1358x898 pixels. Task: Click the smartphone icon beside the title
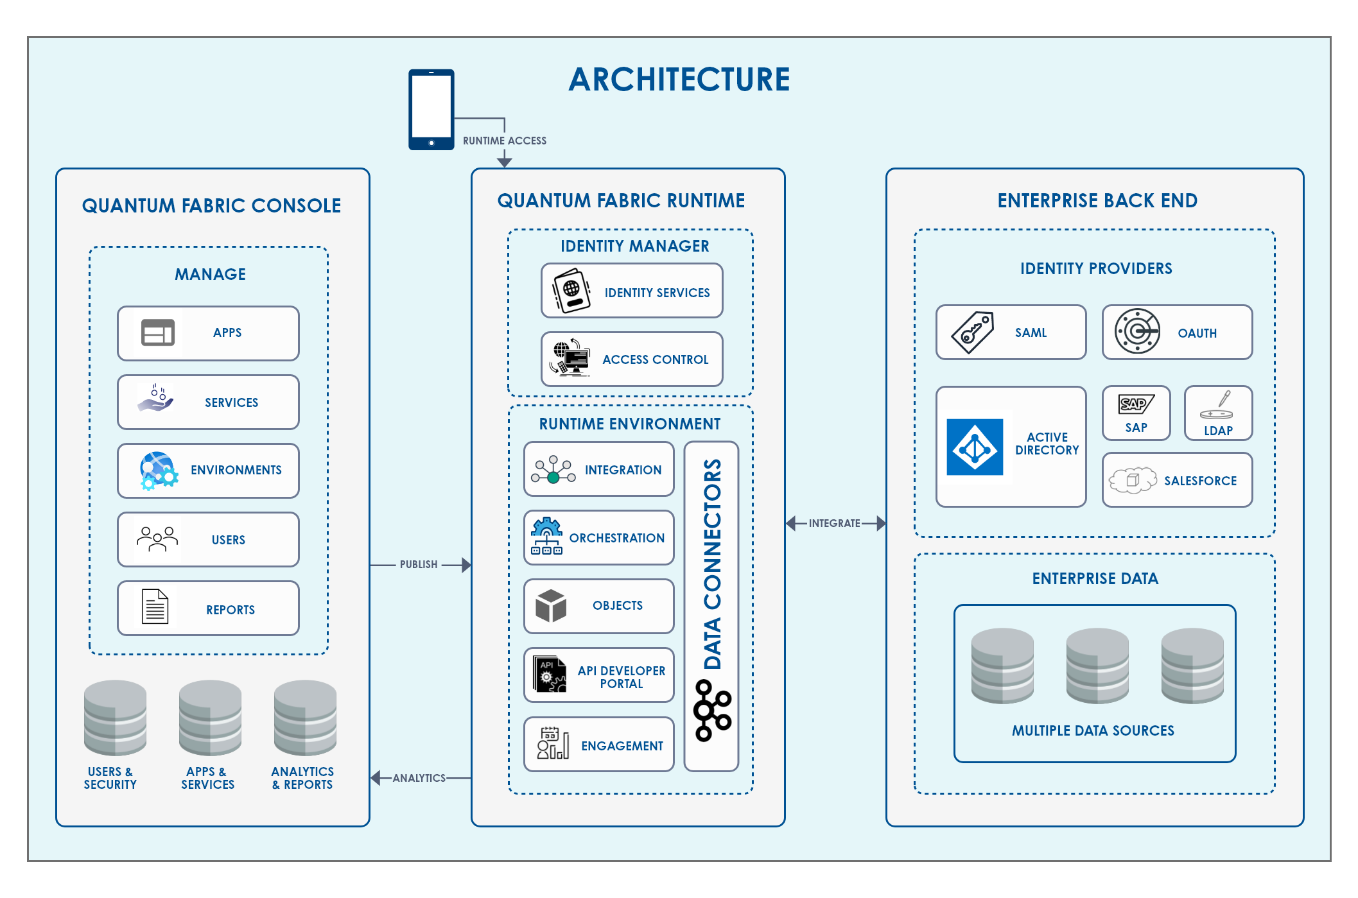431,109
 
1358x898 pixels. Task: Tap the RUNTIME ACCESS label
505,141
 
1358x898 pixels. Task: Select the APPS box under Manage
208,333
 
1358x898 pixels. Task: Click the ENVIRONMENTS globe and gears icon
158,471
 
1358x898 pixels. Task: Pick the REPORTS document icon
155,607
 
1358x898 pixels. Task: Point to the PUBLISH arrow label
419,565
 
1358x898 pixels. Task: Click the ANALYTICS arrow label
419,778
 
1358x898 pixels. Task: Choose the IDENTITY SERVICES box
632,291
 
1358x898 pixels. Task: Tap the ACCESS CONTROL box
632,359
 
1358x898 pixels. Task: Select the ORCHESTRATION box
598,538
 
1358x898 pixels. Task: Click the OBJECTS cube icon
551,606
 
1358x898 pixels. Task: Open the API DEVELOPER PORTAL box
598,675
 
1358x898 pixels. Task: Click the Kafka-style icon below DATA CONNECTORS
712,711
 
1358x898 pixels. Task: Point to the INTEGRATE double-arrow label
834,523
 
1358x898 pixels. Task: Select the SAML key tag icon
973,332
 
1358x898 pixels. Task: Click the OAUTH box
1177,332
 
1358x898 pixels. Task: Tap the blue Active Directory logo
975,447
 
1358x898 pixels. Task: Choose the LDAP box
1218,413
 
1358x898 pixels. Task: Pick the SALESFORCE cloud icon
1133,480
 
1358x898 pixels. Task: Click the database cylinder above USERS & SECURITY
115,718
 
